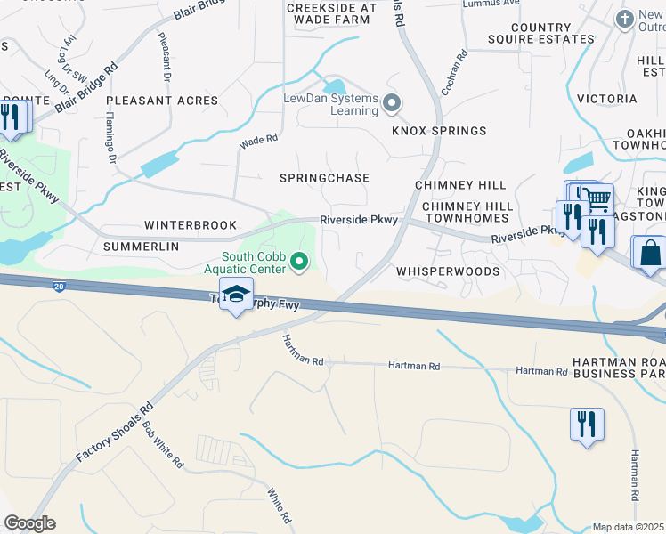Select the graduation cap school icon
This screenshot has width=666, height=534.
236,295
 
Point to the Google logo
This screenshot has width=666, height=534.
29,523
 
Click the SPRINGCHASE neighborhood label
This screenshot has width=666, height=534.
324,178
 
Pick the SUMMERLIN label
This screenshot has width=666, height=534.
141,246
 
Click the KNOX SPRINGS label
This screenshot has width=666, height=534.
440,131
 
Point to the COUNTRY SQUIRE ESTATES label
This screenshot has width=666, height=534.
540,34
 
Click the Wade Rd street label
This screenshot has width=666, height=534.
258,140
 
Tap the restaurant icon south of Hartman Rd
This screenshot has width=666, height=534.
587,424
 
